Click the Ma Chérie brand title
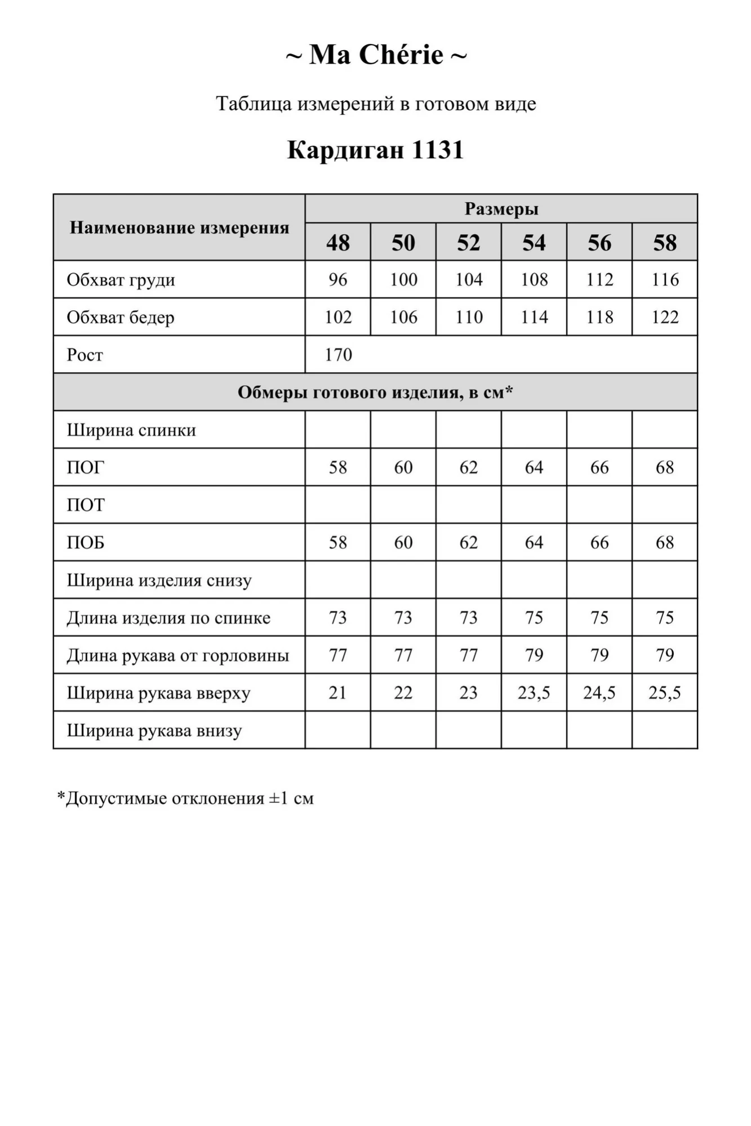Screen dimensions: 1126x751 (x=376, y=55)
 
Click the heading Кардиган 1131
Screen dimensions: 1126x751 (x=375, y=150)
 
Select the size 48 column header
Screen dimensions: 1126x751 (x=337, y=243)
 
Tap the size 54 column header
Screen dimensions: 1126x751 (x=534, y=243)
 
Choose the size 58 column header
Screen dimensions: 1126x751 (x=664, y=243)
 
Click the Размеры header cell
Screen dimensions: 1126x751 (x=501, y=209)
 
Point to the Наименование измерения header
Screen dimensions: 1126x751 (x=179, y=227)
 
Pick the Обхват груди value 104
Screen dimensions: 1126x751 (x=469, y=279)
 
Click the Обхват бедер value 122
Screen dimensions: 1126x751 (x=665, y=317)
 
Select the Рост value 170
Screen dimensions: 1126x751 (x=338, y=355)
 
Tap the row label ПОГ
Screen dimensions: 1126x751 (x=86, y=467)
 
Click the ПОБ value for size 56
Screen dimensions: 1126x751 (x=599, y=542)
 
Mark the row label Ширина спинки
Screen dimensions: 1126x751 (x=131, y=430)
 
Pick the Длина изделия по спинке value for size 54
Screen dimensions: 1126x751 (x=534, y=618)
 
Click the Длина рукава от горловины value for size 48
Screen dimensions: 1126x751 (x=337, y=655)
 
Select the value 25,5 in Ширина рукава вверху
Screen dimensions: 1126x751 (x=664, y=692)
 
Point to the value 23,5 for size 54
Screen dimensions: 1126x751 (x=534, y=692)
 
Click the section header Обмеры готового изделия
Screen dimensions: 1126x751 (x=375, y=392)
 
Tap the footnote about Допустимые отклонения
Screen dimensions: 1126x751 (x=185, y=798)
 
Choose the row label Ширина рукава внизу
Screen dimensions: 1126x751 (x=154, y=731)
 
